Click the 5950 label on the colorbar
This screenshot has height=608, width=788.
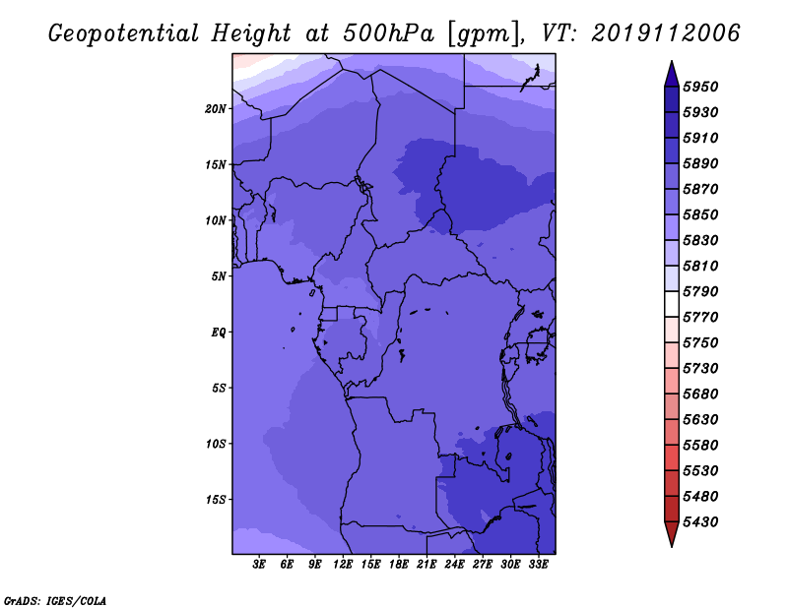pos(700,87)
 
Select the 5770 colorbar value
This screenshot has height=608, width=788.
pos(700,318)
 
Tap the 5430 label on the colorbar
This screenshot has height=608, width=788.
pos(700,522)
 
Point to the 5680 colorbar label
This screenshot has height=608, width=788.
pos(700,395)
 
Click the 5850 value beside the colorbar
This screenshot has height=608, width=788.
pos(700,214)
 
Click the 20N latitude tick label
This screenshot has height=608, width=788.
pos(216,109)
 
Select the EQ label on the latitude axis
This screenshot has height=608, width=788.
pos(219,333)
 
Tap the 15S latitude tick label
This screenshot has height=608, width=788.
pos(216,500)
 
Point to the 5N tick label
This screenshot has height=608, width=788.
pos(219,276)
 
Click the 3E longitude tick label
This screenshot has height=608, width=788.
pos(259,565)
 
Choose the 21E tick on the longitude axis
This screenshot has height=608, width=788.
pos(427,565)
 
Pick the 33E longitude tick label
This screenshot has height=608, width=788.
pos(538,565)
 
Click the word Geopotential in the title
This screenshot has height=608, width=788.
pos(124,33)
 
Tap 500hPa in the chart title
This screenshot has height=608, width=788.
pos(388,33)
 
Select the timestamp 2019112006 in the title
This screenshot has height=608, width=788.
pos(666,33)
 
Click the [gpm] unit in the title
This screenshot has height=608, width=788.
pos(484,34)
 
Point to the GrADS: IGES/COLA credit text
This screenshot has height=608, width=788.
pos(55,601)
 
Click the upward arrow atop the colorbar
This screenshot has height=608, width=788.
pos(672,74)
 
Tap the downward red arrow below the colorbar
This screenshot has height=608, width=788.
pos(672,534)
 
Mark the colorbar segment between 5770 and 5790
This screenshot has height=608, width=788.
pos(672,304)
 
